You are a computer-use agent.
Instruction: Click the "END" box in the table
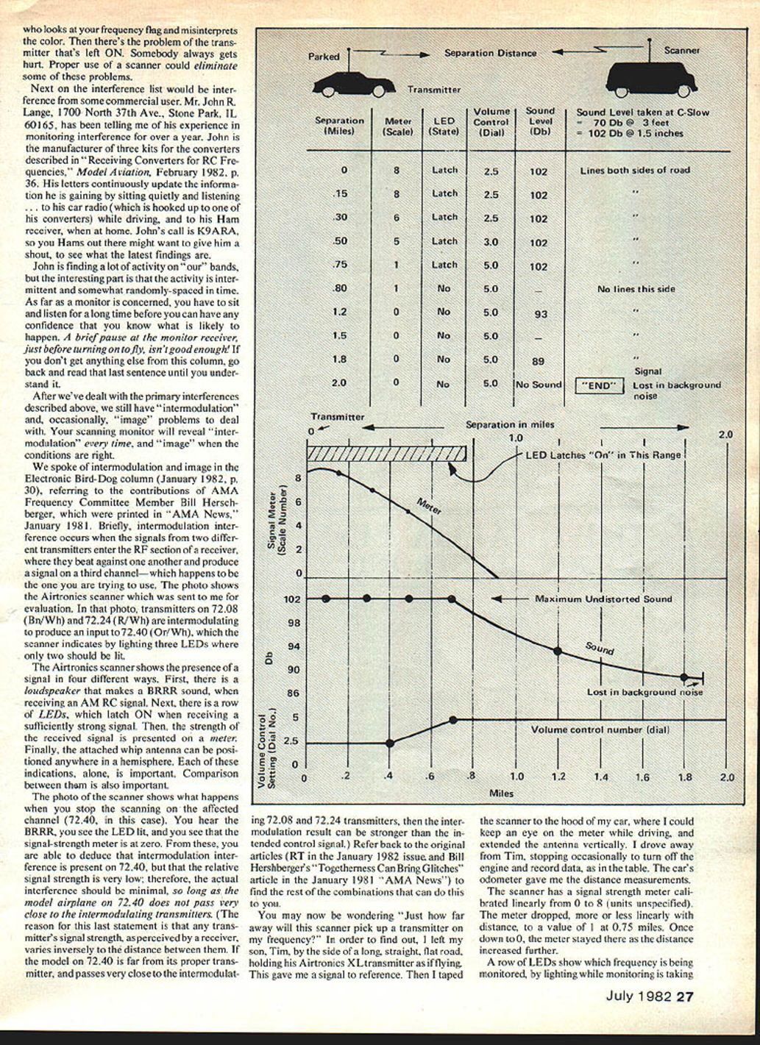pyautogui.click(x=599, y=385)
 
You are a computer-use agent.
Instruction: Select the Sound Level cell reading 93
pyautogui.click(x=539, y=315)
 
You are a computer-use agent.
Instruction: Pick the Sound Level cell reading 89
pyautogui.click(x=539, y=361)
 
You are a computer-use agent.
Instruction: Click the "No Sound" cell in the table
pyautogui.click(x=539, y=385)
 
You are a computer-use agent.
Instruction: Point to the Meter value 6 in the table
pyautogui.click(x=397, y=218)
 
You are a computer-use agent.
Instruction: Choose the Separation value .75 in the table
pyautogui.click(x=339, y=265)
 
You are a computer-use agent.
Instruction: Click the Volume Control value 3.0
pyautogui.click(x=491, y=242)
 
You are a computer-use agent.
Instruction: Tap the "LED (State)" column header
pyautogui.click(x=444, y=126)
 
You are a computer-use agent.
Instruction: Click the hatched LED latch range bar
pyautogui.click(x=386, y=454)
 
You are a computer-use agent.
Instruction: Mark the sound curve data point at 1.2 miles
pyautogui.click(x=558, y=651)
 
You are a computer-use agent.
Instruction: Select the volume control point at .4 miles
pyautogui.click(x=390, y=743)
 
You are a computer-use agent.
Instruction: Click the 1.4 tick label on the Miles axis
pyautogui.click(x=601, y=777)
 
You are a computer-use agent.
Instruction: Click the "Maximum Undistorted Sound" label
pyautogui.click(x=603, y=599)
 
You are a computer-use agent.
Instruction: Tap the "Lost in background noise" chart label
pyautogui.click(x=644, y=692)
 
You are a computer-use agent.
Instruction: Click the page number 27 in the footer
pyautogui.click(x=685, y=997)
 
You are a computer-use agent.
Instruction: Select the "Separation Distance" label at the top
pyautogui.click(x=490, y=53)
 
